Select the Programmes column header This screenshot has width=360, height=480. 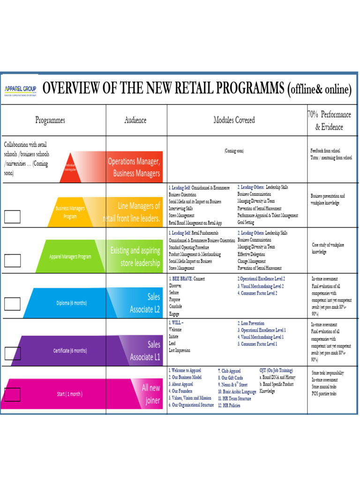click(x=50, y=120)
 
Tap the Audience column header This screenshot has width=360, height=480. click(x=135, y=120)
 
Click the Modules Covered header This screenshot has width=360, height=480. click(x=234, y=120)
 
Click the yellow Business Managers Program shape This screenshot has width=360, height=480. click(x=70, y=212)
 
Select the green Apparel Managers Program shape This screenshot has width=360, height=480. click(x=70, y=256)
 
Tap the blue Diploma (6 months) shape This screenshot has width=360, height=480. click(x=70, y=303)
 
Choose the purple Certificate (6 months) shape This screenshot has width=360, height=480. click(x=70, y=350)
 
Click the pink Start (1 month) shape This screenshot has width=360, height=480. click(x=70, y=394)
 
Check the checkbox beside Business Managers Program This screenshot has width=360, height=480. click(x=12, y=216)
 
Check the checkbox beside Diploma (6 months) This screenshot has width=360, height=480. click(x=12, y=304)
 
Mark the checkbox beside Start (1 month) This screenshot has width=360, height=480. click(x=12, y=395)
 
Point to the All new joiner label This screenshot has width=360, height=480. click(x=151, y=394)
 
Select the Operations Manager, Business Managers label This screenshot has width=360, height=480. click(x=135, y=167)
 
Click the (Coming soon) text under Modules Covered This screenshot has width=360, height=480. click(x=234, y=151)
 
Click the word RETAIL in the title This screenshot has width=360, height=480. click(x=180, y=88)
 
